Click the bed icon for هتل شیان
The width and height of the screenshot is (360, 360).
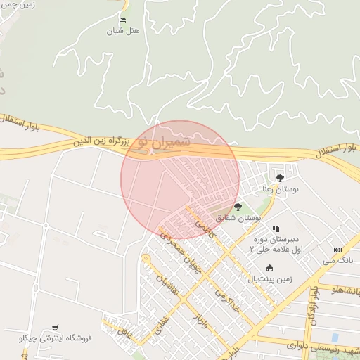[124, 20]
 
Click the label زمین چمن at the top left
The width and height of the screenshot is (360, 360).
[18, 4]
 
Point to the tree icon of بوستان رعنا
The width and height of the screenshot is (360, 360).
[281, 177]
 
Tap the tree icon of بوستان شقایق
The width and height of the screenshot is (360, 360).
[238, 207]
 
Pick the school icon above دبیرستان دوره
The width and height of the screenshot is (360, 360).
[276, 229]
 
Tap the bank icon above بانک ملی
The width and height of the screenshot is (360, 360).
[337, 250]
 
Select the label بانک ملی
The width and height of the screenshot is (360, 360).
[338, 260]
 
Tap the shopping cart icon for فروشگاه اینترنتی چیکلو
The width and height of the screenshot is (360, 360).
[55, 328]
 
